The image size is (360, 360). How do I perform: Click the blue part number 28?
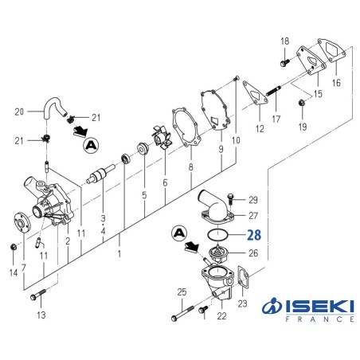pyautogui.click(x=253, y=235)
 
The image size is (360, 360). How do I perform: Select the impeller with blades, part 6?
pyautogui.click(x=164, y=140)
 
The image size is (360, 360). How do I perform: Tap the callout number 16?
pyautogui.click(x=335, y=82)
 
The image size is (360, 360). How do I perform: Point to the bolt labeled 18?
pyautogui.click(x=284, y=59)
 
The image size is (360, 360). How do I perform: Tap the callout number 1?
pyautogui.click(x=120, y=254)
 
